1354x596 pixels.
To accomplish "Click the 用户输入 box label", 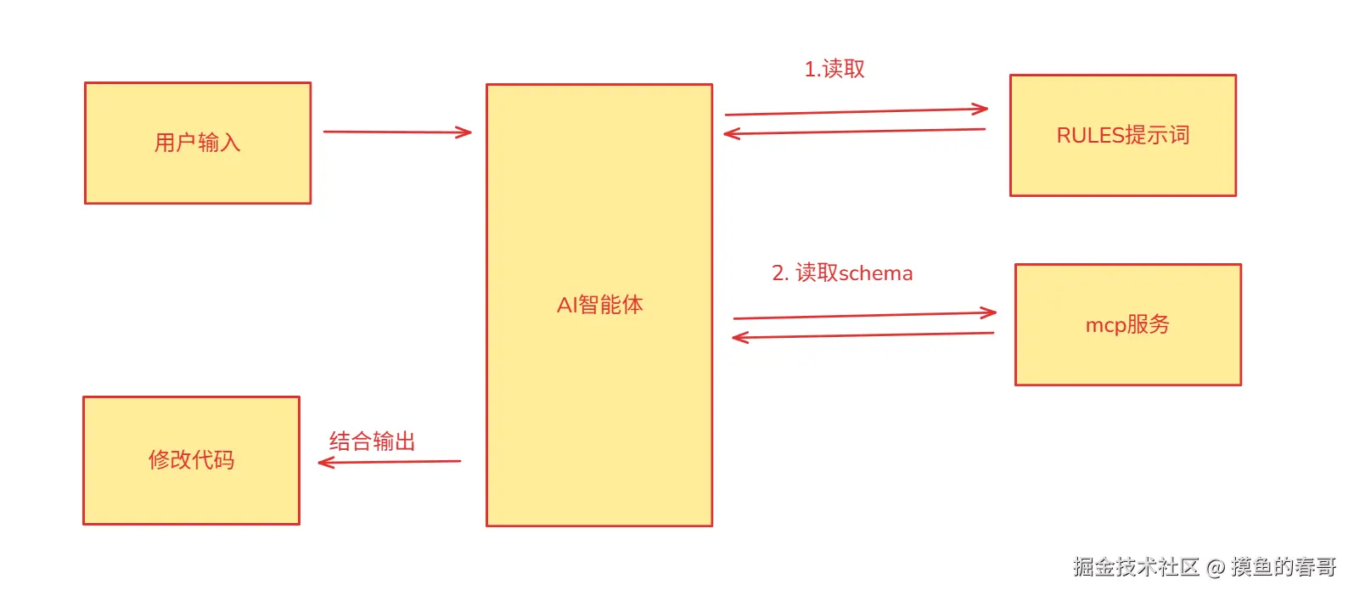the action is point(197,143).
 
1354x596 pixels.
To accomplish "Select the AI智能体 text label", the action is point(599,305).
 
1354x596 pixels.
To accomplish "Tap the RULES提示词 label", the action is point(1122,135).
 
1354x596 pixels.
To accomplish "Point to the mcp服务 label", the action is point(1127,324).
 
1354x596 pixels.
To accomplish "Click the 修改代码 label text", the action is point(191,460).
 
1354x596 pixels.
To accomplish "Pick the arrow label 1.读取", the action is point(834,69).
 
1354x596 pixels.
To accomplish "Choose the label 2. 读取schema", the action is point(841,273).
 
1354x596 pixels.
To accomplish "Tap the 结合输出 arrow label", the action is point(372,441).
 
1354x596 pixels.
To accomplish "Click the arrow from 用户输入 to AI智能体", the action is point(396,132).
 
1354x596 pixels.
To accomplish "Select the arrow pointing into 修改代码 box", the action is point(389,462).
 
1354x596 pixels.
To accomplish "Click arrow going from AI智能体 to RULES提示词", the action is point(856,111).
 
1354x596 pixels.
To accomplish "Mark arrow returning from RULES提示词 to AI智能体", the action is point(854,132).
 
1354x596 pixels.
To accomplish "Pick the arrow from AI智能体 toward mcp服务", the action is point(864,316).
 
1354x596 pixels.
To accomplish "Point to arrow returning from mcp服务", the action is point(862,335).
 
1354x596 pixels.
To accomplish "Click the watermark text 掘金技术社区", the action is point(1135,567).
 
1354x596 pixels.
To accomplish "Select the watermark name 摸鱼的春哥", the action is point(1283,567).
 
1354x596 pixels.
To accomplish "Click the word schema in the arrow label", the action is point(875,273).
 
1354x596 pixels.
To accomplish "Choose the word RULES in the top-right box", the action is point(1089,135).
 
